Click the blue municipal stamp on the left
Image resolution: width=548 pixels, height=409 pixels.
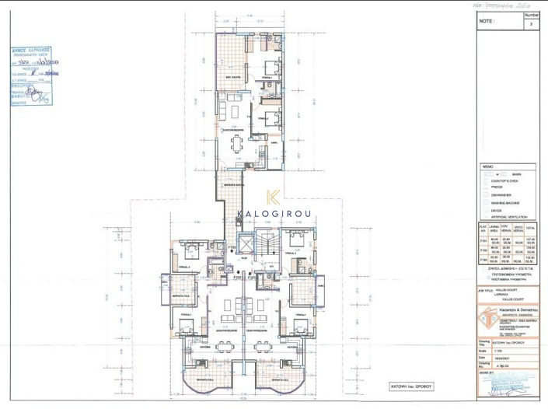click(x=31, y=76)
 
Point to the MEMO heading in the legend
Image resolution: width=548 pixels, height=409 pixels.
click(x=488, y=166)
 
